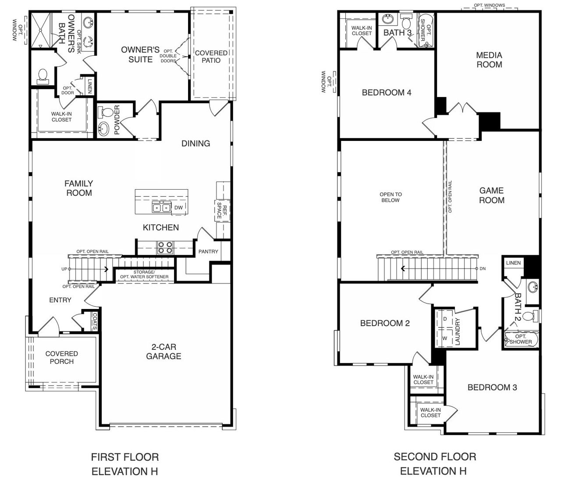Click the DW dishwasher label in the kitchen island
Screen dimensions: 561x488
coord(178,208)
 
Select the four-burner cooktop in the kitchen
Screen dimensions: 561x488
coord(165,248)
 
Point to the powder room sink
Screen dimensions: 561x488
coord(103,129)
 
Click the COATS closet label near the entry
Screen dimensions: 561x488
coord(95,321)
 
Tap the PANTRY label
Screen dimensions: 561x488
coord(208,251)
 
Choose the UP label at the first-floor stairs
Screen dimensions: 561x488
coord(64,269)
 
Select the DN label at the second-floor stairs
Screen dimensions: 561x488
coord(483,269)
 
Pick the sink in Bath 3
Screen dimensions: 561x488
coord(387,19)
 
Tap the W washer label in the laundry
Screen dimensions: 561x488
coord(445,338)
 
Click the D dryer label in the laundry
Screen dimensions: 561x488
coord(445,319)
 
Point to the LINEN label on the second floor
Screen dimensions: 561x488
coord(513,263)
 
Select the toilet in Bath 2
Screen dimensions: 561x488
coord(531,316)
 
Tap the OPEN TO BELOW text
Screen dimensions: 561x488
coord(391,197)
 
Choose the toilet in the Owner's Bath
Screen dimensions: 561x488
coord(43,76)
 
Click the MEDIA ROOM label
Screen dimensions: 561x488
coord(489,60)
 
